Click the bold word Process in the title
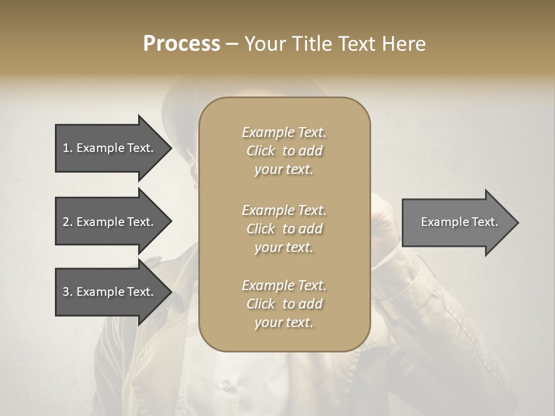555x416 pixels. point(182,43)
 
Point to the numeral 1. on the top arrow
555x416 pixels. point(68,148)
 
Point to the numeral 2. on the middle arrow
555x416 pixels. point(68,222)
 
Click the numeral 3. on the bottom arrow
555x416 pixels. point(68,292)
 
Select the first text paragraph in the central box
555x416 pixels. point(284,151)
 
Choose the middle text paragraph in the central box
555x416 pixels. point(284,228)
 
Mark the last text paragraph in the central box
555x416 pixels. point(284,304)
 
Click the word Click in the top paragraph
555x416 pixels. point(261,151)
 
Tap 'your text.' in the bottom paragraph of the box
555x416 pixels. point(284,322)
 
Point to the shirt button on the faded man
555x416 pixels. point(226,384)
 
